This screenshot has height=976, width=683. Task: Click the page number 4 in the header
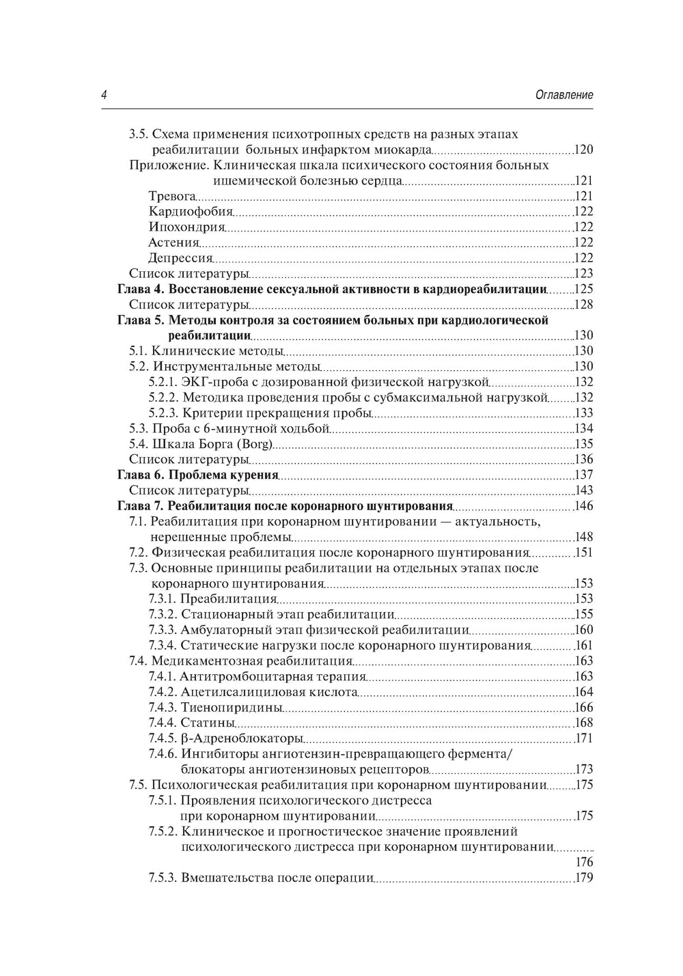[104, 96]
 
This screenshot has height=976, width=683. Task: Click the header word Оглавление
[564, 96]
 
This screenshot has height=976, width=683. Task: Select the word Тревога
[167, 197]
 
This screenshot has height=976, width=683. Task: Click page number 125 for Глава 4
[583, 289]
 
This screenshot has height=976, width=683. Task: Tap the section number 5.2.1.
[163, 382]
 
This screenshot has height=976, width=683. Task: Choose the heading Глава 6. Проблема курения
[198, 475]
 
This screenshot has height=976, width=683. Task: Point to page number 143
[583, 490]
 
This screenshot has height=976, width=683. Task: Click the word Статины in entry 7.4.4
[208, 723]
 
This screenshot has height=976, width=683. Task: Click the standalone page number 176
[584, 862]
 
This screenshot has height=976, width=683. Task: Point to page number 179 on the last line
[584, 878]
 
